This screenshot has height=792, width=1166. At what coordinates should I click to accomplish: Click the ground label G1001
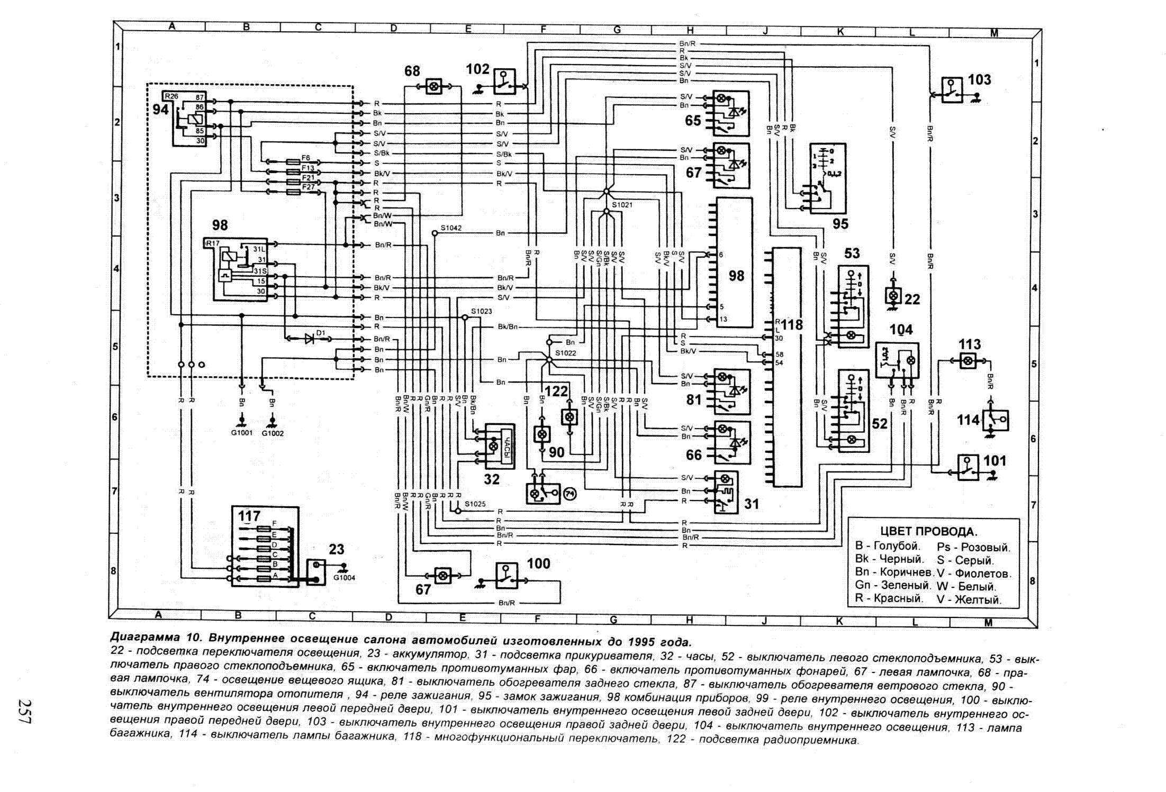[242, 433]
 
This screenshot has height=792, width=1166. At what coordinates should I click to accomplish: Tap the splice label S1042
[451, 228]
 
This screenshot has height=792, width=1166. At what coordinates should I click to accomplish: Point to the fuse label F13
[308, 168]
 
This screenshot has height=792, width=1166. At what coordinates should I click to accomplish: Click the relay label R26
[171, 96]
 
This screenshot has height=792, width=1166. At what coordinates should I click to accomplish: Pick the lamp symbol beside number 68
[433, 87]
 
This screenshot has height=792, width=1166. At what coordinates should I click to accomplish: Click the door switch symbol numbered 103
[952, 90]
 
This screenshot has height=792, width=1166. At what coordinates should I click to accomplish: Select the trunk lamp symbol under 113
[968, 361]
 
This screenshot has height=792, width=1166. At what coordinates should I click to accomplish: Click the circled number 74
[570, 494]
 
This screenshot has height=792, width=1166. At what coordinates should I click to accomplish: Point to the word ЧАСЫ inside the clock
[506, 446]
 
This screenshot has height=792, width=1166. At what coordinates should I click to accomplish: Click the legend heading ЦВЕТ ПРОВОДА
[929, 531]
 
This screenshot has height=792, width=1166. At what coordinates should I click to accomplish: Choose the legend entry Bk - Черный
[889, 559]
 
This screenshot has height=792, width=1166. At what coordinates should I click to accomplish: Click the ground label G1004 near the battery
[344, 578]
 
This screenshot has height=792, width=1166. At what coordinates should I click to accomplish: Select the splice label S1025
[475, 504]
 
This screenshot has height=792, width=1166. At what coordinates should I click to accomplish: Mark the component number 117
[249, 516]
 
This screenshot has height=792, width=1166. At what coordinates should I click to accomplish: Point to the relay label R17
[212, 243]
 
